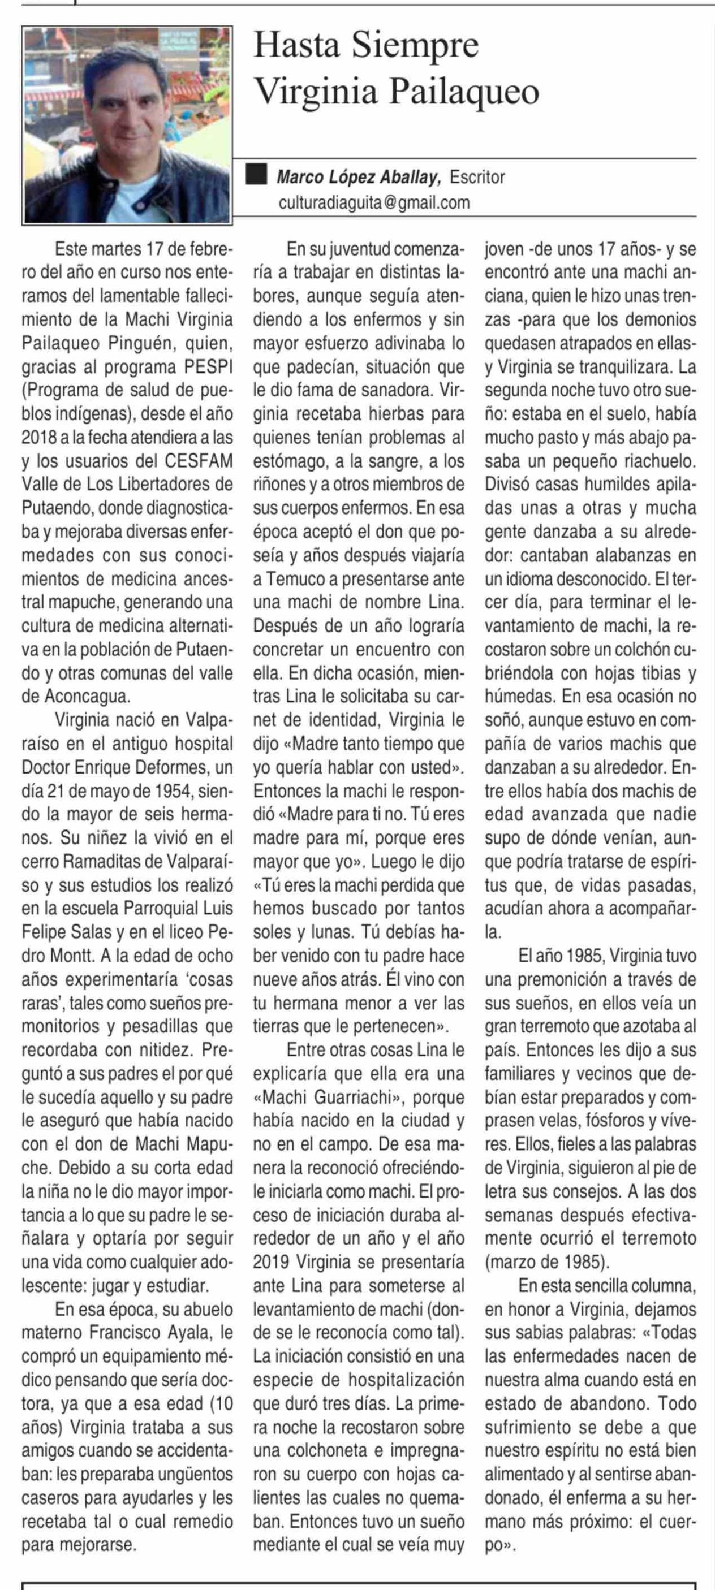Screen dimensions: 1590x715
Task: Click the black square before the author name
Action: tap(256, 175)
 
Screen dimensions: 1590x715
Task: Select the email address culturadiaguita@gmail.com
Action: tap(374, 202)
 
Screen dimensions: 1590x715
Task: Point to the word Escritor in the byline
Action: tap(477, 177)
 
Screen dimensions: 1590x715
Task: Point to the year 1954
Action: tap(187, 790)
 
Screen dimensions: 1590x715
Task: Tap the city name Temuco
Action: tap(295, 578)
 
